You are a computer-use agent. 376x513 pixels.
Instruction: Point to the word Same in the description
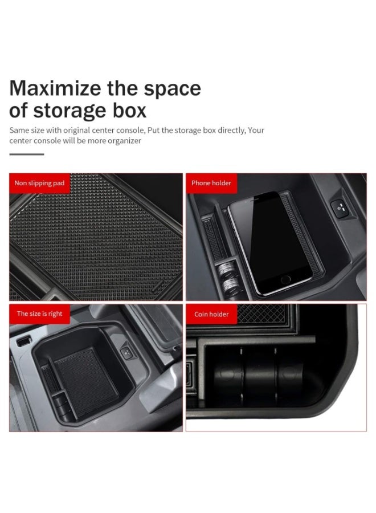19,130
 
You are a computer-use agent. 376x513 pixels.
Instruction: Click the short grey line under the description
26,154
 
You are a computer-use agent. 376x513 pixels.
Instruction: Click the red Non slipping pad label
39,184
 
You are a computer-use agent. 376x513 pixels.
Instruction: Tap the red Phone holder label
211,184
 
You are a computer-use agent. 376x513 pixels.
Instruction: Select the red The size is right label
39,314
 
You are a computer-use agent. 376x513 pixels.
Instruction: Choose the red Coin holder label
211,314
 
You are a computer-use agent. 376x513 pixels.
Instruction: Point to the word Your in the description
256,130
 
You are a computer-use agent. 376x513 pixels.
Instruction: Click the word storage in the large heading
75,109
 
